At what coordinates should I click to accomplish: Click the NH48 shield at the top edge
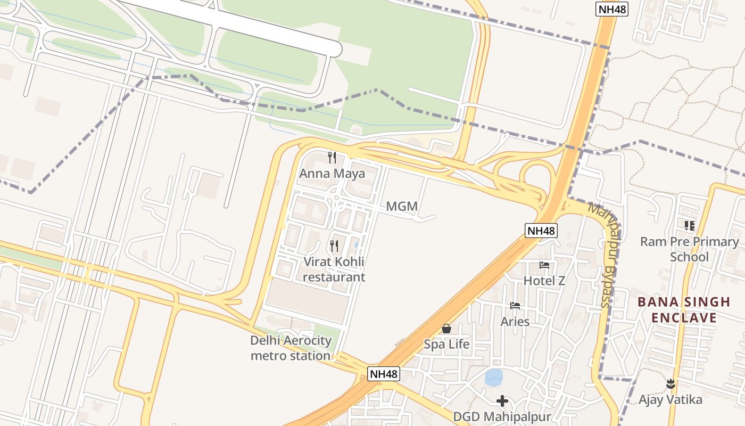(611, 10)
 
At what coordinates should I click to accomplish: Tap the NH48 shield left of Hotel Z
(541, 231)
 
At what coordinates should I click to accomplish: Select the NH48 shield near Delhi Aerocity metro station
(384, 374)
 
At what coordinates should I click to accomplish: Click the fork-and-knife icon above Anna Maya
(333, 158)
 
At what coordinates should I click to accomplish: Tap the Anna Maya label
(332, 174)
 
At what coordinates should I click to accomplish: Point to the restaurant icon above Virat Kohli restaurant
(334, 246)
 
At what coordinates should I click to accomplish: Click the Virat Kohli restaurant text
(334, 269)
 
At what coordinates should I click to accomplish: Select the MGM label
(402, 207)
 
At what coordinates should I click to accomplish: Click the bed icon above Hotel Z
(544, 265)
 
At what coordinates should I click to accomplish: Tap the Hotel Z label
(544, 281)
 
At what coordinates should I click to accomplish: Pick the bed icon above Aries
(515, 306)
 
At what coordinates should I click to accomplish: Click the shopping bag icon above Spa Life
(446, 329)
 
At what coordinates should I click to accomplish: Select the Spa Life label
(446, 345)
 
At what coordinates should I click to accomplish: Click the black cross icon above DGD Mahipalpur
(502, 400)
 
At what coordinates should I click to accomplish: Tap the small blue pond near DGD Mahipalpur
(494, 378)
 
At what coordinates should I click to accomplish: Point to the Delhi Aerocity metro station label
(291, 348)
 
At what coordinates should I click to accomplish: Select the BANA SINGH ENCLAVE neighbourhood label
(684, 310)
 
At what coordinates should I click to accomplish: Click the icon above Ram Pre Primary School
(690, 226)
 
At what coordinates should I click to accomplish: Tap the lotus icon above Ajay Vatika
(670, 383)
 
